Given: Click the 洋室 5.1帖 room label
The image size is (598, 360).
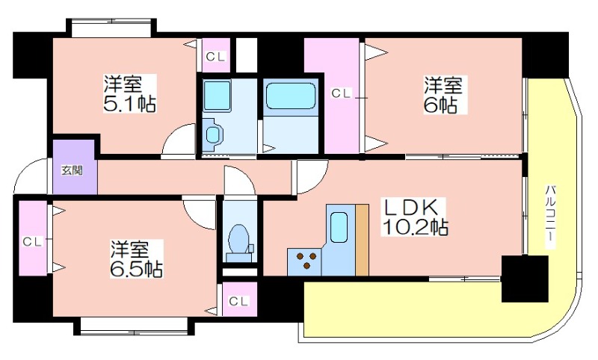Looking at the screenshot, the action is pos(129,93).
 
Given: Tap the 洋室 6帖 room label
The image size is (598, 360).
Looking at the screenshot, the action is pos(443,95).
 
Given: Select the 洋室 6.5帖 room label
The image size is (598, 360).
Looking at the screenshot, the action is pos(137,258).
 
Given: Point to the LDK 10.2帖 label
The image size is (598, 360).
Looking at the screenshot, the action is pos(415,217).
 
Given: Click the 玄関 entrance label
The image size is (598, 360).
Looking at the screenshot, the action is pos(73,170).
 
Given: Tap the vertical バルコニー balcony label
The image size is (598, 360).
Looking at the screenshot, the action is pos(549,217).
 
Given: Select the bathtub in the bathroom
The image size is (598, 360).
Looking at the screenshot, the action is pos(291,96).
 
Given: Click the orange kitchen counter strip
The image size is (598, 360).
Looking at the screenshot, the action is pos(362,240).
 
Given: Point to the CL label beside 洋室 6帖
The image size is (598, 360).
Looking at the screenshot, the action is pos(341,93).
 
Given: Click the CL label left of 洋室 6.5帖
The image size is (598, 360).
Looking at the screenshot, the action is pos(32,241).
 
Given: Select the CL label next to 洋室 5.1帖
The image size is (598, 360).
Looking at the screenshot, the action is pos(216,56).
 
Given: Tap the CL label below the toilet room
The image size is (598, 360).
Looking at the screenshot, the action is pos(238,301).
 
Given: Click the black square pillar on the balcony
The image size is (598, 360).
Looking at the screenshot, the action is pos(525,279).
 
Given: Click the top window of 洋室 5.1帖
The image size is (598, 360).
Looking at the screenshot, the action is pos(111,28).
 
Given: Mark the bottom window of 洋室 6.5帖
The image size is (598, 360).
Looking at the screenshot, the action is pos(134,327).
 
